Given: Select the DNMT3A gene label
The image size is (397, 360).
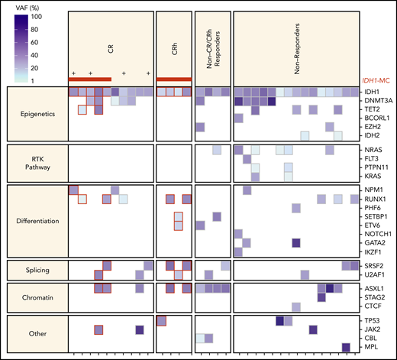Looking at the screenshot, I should point(377,102).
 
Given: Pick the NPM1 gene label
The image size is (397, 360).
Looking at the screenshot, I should point(373,189).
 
